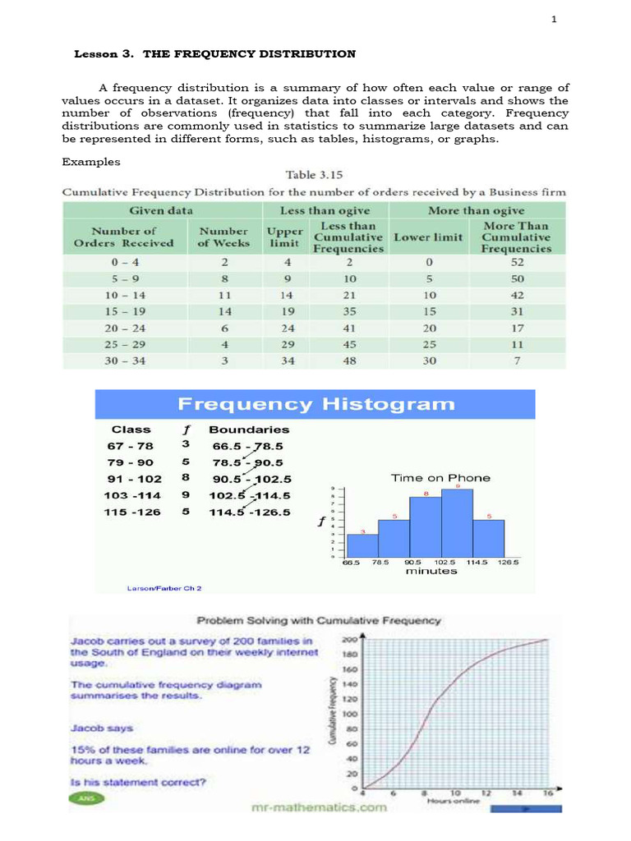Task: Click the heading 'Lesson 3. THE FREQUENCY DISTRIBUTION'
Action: pyautogui.click(x=215, y=54)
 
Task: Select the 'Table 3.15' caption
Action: pyautogui.click(x=314, y=175)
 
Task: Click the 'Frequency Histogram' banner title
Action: pyautogui.click(x=315, y=404)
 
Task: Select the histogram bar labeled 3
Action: pyautogui.click(x=362, y=545)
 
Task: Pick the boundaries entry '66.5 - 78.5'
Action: pyautogui.click(x=246, y=446)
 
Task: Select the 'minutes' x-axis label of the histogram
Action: pyautogui.click(x=431, y=571)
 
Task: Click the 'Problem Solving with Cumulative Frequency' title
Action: pyautogui.click(x=317, y=622)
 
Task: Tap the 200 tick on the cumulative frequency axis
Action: pyautogui.click(x=349, y=639)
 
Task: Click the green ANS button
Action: pyautogui.click(x=83, y=797)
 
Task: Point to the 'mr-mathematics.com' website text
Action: pyautogui.click(x=318, y=807)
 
